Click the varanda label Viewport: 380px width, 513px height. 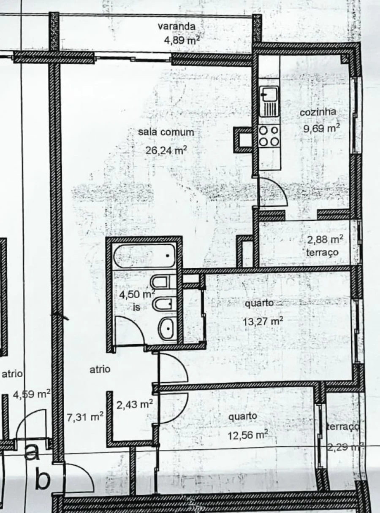(x=176, y=26)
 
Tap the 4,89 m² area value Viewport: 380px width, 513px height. (x=182, y=40)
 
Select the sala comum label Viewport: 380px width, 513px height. (x=166, y=132)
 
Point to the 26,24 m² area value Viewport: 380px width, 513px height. (x=166, y=150)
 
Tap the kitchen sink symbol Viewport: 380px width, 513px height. (x=269, y=101)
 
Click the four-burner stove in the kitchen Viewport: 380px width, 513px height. (x=269, y=137)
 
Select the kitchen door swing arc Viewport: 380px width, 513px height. (x=274, y=192)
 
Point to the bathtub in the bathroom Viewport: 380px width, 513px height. (x=144, y=255)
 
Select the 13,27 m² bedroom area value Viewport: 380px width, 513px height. (x=263, y=321)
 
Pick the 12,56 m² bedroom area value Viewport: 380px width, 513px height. (x=248, y=435)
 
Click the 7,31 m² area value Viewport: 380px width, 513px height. (x=85, y=418)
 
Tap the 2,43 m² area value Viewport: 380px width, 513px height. (x=134, y=405)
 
